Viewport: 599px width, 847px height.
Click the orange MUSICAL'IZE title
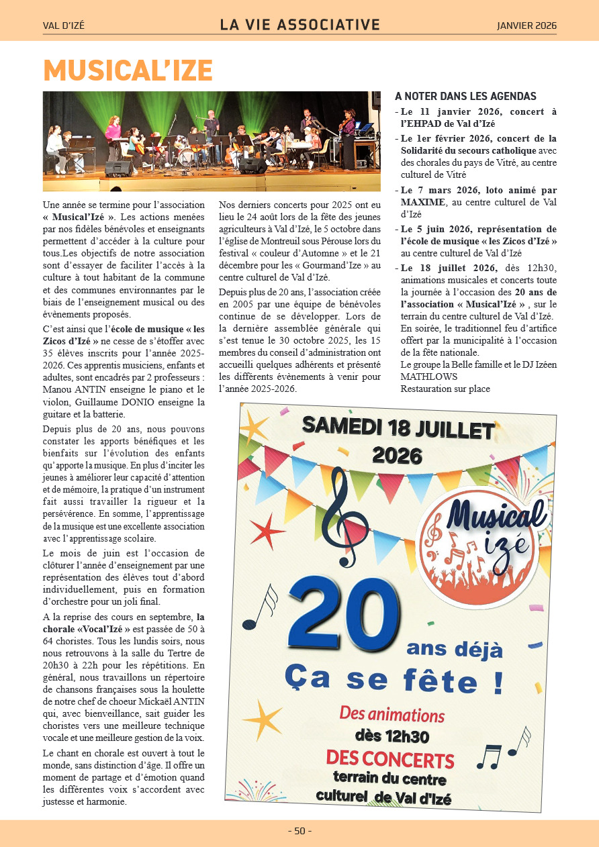128,70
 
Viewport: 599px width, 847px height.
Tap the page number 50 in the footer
299,831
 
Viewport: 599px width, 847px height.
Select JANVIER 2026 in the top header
526,26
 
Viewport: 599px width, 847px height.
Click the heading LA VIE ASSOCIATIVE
299,26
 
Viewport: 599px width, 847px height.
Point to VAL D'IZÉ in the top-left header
64,26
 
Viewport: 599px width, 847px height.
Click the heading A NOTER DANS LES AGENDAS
465,97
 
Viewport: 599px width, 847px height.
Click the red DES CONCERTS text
390,759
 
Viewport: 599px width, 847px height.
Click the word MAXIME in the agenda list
423,202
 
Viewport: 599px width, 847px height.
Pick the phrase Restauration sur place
445,389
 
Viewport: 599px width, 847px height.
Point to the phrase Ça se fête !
394,680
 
